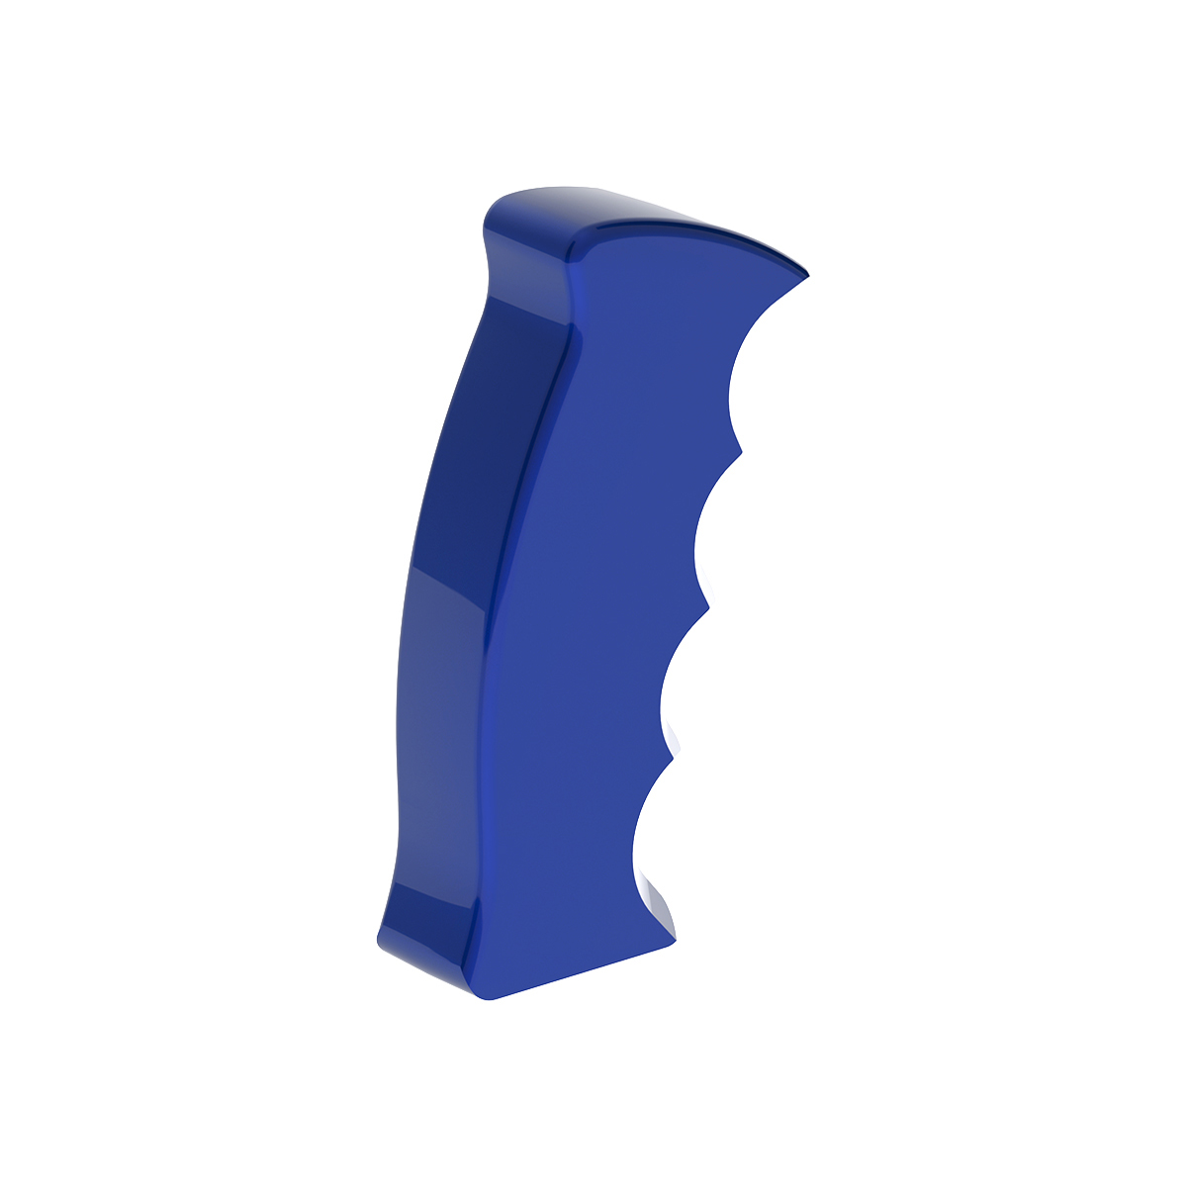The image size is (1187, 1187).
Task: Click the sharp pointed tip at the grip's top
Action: tap(806, 274)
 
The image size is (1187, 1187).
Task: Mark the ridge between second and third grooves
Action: tap(708, 605)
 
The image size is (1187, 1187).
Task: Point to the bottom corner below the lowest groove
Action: tap(676, 936)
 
